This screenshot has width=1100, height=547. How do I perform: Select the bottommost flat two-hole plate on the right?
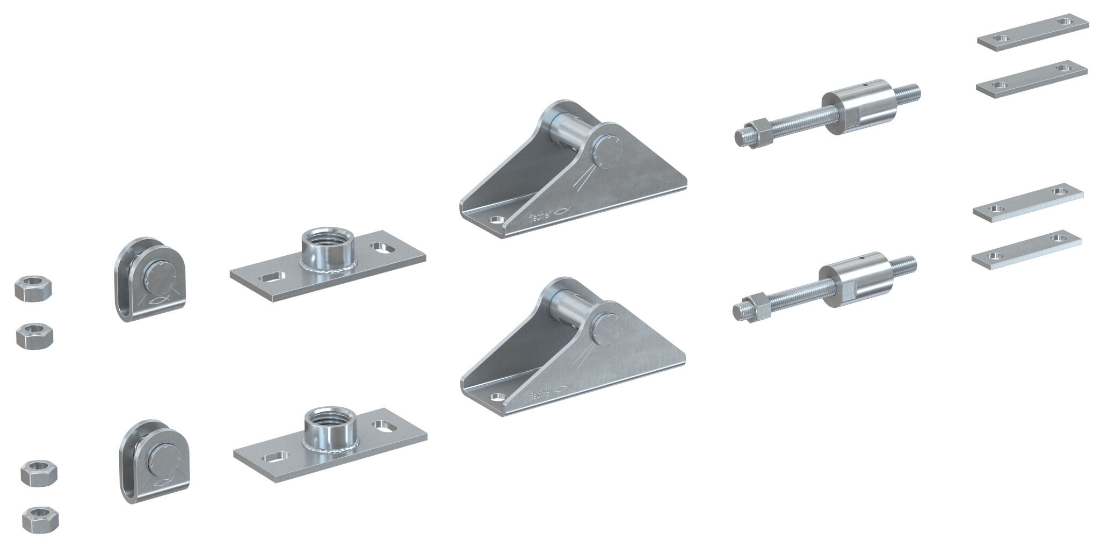[1026, 250]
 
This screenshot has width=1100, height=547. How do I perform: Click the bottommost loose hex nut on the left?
[40, 519]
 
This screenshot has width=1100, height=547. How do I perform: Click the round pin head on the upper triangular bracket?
[608, 151]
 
